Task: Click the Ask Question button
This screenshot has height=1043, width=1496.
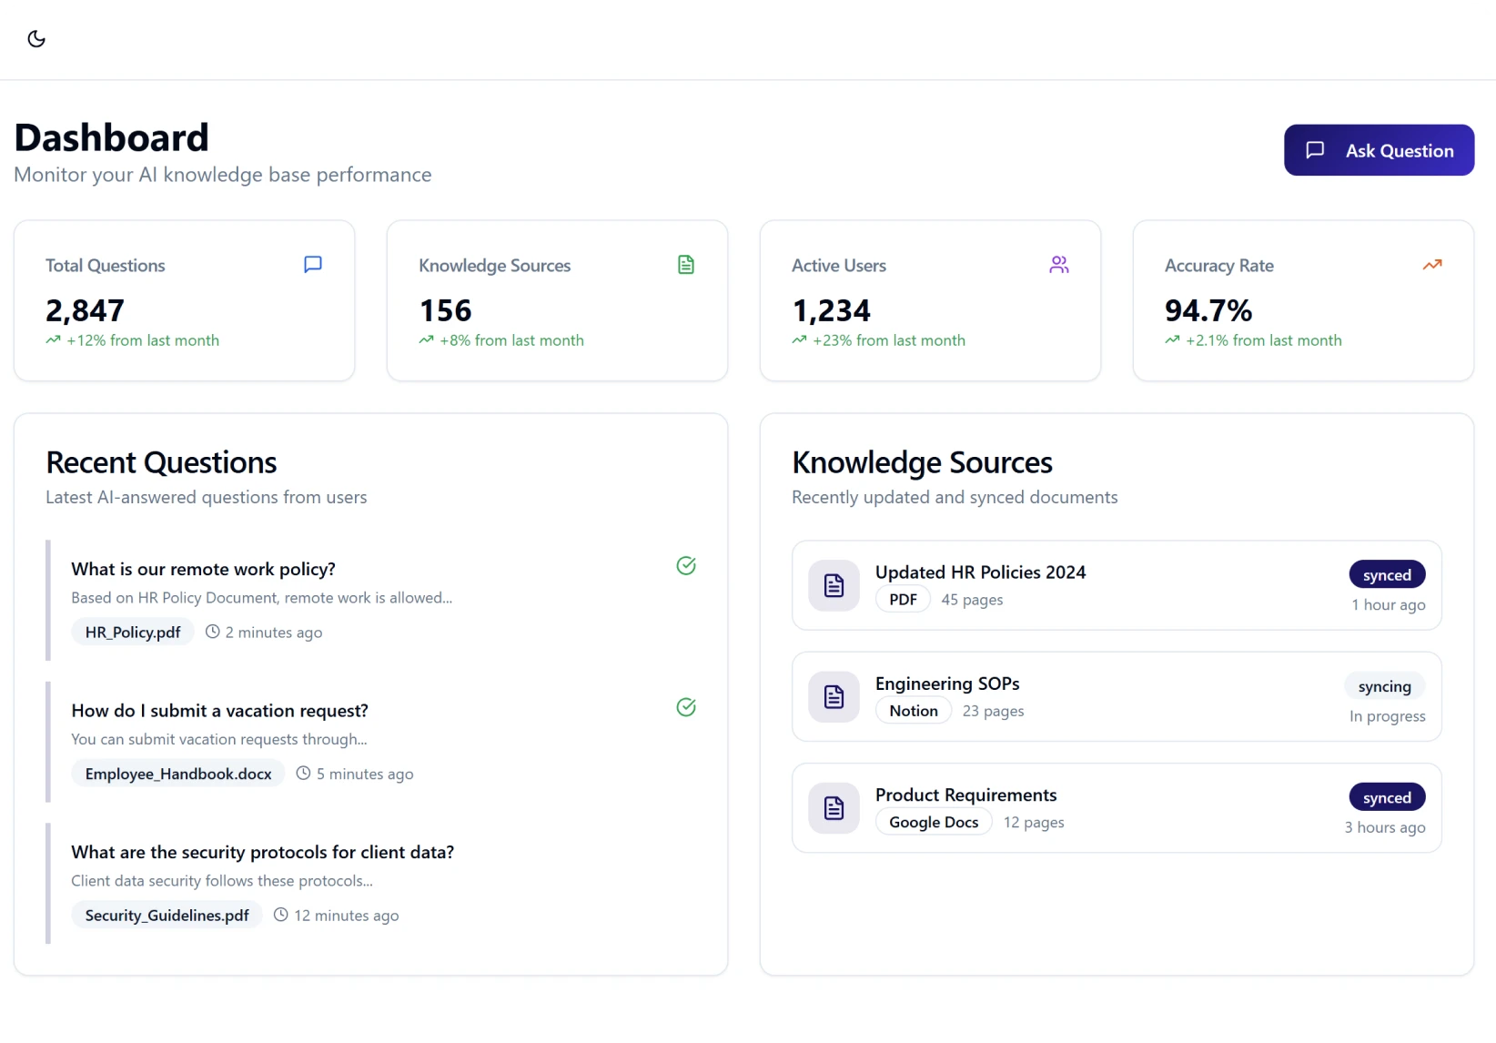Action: pyautogui.click(x=1379, y=150)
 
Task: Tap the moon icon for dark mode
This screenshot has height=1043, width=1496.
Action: pyautogui.click(x=36, y=39)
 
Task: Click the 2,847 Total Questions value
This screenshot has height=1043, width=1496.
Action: pyautogui.click(x=85, y=310)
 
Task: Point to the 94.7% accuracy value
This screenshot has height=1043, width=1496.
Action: pyautogui.click(x=1208, y=310)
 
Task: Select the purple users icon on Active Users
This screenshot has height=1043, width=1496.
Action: pyautogui.click(x=1058, y=265)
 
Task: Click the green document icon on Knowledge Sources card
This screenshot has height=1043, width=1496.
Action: pyautogui.click(x=686, y=265)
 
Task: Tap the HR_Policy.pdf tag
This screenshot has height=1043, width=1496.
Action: pyautogui.click(x=133, y=633)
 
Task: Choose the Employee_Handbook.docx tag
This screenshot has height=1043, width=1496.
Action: pyautogui.click(x=178, y=774)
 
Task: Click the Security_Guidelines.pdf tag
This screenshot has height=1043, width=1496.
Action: pyautogui.click(x=167, y=916)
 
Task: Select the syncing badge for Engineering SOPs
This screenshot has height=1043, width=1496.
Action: pyautogui.click(x=1384, y=686)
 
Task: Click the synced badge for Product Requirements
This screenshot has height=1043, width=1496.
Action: pyautogui.click(x=1387, y=797)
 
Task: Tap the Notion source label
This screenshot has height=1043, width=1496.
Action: pyautogui.click(x=913, y=711)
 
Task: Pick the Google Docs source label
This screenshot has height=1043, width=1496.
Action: pyautogui.click(x=934, y=822)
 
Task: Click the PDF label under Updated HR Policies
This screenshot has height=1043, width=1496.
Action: pyautogui.click(x=903, y=600)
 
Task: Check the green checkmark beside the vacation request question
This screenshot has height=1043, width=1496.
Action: pyautogui.click(x=686, y=707)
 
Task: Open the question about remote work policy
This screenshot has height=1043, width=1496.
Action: pyautogui.click(x=203, y=569)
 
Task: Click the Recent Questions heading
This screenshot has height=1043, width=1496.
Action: pyautogui.click(x=161, y=462)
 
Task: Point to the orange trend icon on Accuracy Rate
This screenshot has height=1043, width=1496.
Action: pyautogui.click(x=1431, y=265)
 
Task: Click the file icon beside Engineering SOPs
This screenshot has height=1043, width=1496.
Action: pyautogui.click(x=834, y=697)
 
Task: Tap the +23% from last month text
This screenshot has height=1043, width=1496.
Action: pyautogui.click(x=888, y=340)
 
